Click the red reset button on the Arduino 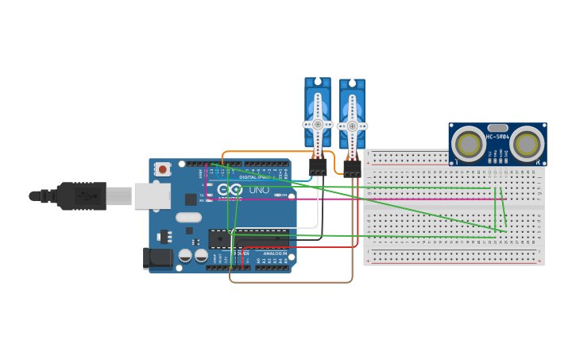point(163,168)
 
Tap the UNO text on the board point(259,190)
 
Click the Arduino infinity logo point(230,189)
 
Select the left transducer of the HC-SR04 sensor point(468,145)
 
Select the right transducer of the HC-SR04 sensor point(527,145)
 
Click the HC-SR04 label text point(497,136)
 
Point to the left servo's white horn point(318,124)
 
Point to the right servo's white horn point(352,126)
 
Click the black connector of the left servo point(318,167)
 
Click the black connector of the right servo point(352,168)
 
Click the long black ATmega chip point(248,238)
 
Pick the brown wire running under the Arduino point(290,282)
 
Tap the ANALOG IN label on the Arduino point(275,254)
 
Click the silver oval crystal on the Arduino point(188,217)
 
